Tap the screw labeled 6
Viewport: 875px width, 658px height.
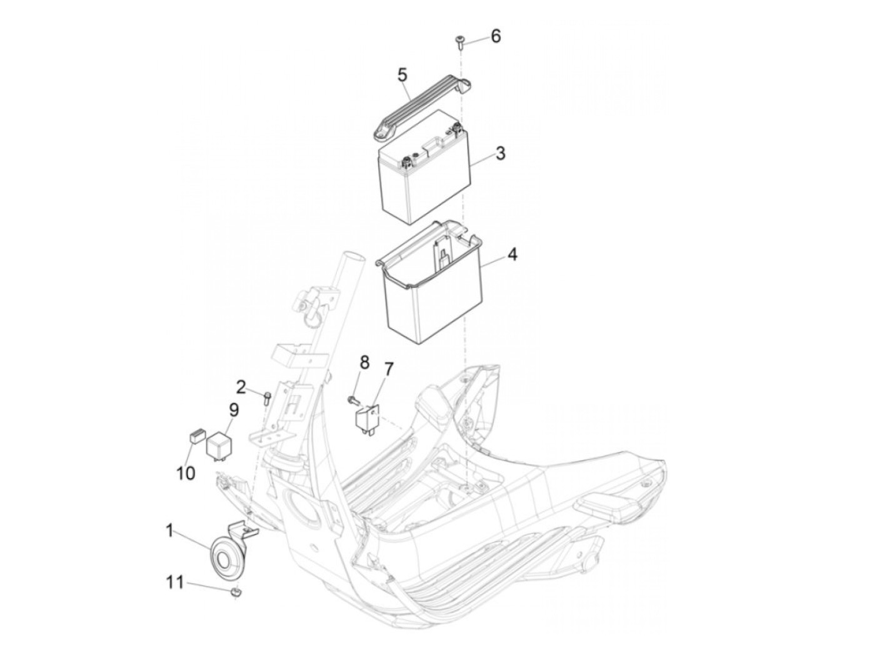point(458,43)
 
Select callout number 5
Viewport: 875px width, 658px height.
point(402,75)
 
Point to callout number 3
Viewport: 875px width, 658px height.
point(500,153)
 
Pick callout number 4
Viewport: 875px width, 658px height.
point(512,255)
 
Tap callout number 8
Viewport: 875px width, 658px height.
point(364,362)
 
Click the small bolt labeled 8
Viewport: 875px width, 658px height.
point(352,398)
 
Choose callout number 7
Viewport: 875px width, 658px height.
point(387,369)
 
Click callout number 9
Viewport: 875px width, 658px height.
point(233,410)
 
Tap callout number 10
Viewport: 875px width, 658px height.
point(186,473)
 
